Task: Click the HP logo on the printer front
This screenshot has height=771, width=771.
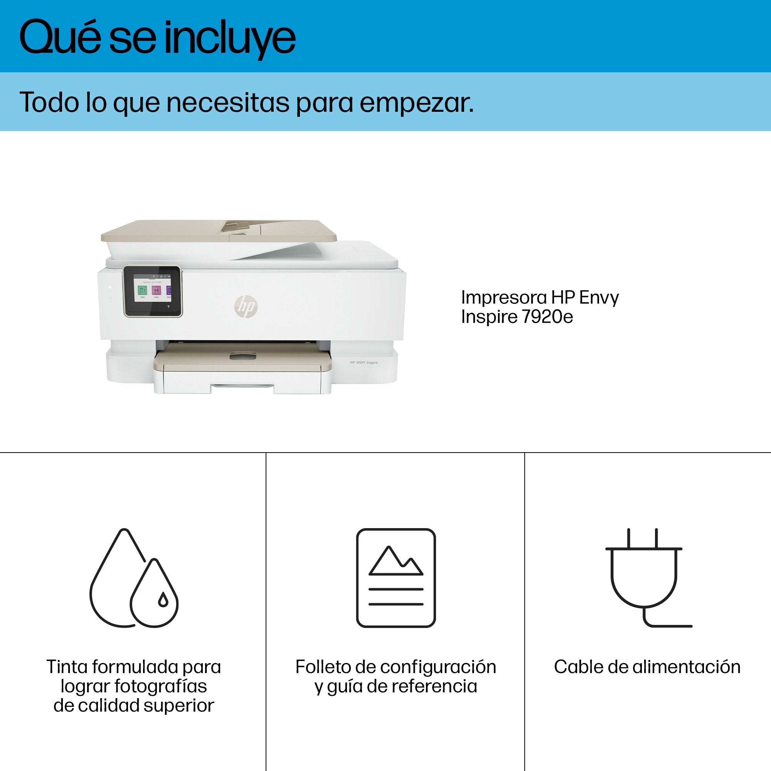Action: pyautogui.click(x=246, y=306)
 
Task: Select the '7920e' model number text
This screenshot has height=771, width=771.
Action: pyautogui.click(x=547, y=317)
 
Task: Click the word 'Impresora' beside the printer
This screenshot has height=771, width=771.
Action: pyautogui.click(x=503, y=298)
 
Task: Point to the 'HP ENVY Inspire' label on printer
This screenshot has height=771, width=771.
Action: pyautogui.click(x=364, y=362)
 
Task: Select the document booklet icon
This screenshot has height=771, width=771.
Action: pyautogui.click(x=396, y=577)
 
